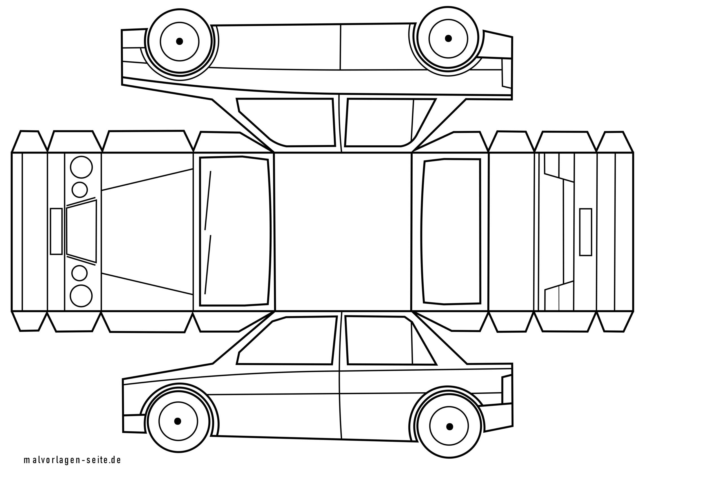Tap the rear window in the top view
pyautogui.click(x=451, y=231)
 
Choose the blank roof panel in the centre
pyautogui.click(x=343, y=232)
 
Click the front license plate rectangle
pyautogui.click(x=56, y=231)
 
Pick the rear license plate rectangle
pyautogui.click(x=585, y=232)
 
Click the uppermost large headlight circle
pyautogui.click(x=81, y=167)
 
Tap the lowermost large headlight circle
pyautogui.click(x=81, y=296)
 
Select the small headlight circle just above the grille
pyautogui.click(x=80, y=190)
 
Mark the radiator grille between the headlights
pyautogui.click(x=82, y=231)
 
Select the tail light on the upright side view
pyautogui.click(x=507, y=389)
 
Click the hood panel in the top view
pyautogui.click(x=147, y=232)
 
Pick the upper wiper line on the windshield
pyautogui.click(x=208, y=200)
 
